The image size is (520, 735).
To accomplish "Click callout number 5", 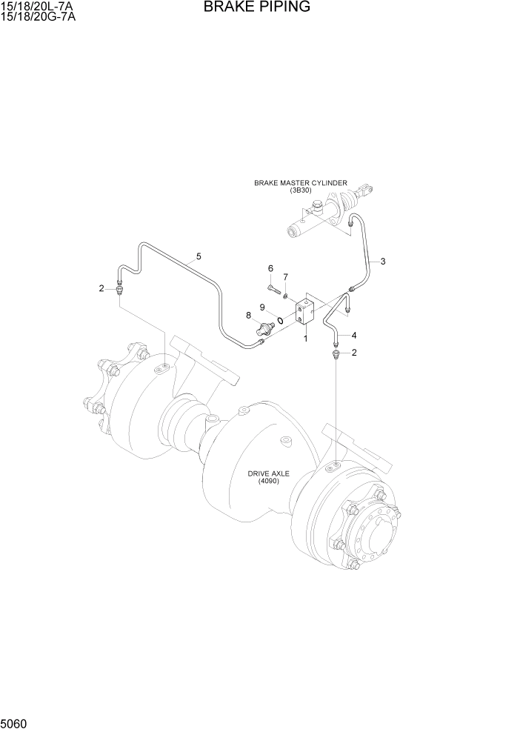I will pos(199,257).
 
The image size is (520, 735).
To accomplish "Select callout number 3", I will pos(383,261).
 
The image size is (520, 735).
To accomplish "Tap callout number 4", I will pos(354,335).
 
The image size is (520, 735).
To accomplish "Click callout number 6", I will pos(270,268).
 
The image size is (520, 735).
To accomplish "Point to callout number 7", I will pos(285,277).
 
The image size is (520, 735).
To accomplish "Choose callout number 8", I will pos(249,316).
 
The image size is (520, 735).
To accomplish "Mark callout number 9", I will pos(262,307).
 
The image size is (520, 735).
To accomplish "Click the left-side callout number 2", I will pos(102,288).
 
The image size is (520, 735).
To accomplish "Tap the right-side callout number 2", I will pos(354,353).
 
